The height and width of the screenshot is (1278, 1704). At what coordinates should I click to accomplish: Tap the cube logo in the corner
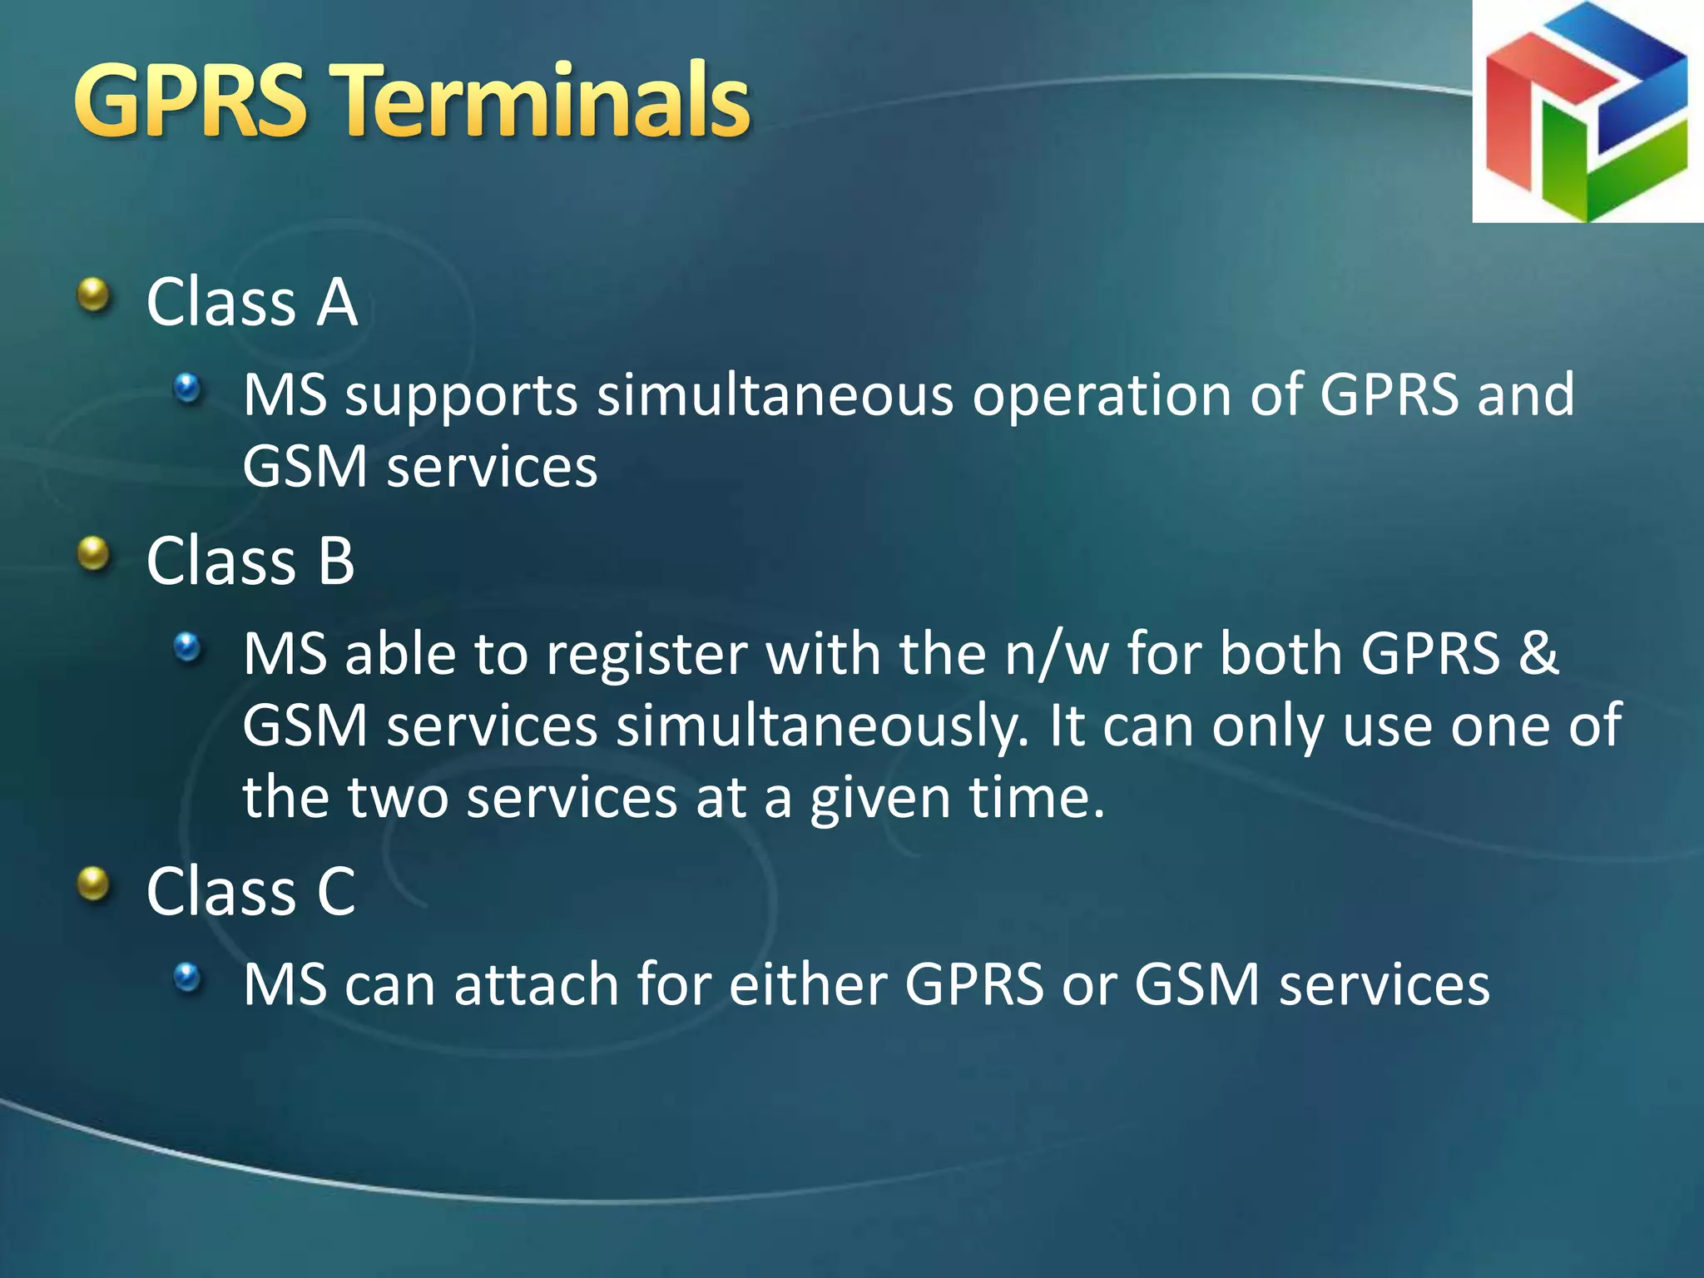click(1588, 111)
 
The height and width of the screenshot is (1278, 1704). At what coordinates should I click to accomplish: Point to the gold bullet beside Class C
click(94, 884)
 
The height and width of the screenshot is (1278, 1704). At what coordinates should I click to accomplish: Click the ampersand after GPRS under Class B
click(1538, 653)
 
